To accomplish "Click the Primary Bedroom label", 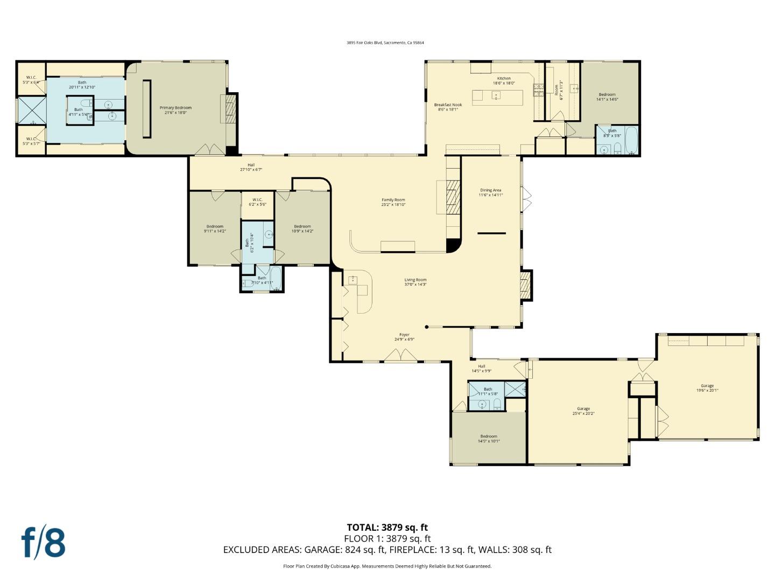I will pos(175,110).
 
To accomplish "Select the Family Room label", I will pos(393,202).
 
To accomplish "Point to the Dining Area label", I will pos(490,192).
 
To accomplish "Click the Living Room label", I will pos(415,282).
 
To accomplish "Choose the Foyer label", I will pos(404,337).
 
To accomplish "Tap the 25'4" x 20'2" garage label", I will pos(583,411).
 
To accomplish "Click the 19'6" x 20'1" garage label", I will pos(707,388).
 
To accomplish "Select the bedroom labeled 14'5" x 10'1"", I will pos(489,439).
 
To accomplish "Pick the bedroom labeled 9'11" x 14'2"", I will pos(214,228).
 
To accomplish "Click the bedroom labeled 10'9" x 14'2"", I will pos(302,228).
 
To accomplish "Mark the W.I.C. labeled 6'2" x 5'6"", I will pos(257,202).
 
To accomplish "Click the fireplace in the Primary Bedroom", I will pos(230,109).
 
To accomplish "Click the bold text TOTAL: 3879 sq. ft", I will pos(387,528).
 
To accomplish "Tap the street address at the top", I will pos(385,43).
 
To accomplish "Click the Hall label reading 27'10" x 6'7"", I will pos(251,167).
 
